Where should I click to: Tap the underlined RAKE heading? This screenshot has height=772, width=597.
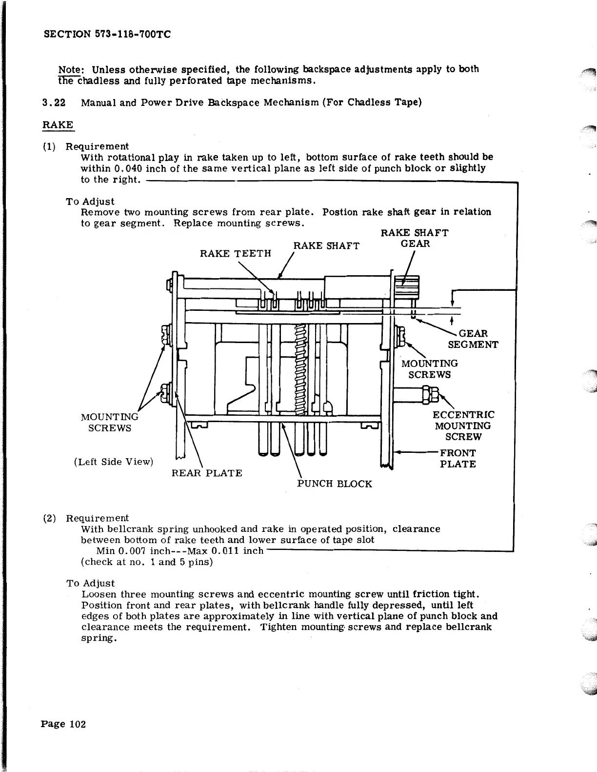[x=58, y=125]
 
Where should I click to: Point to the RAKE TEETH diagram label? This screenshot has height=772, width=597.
[x=236, y=253]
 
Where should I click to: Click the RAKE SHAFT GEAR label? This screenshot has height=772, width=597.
[x=415, y=238]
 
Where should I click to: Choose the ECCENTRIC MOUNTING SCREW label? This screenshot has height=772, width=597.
[x=463, y=426]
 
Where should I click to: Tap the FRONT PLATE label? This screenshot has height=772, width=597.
[x=458, y=459]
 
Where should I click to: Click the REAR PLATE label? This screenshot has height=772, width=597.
[x=207, y=473]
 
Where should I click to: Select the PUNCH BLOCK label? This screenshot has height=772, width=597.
[x=335, y=484]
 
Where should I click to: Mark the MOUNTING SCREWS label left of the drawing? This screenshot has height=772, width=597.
[x=109, y=422]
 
